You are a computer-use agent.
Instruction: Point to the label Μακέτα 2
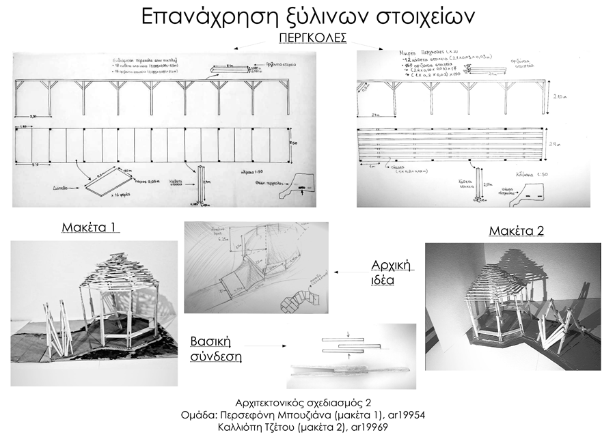point(516,231)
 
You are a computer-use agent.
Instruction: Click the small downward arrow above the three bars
point(348,335)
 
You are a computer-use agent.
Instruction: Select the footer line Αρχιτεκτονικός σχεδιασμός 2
point(307,401)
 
